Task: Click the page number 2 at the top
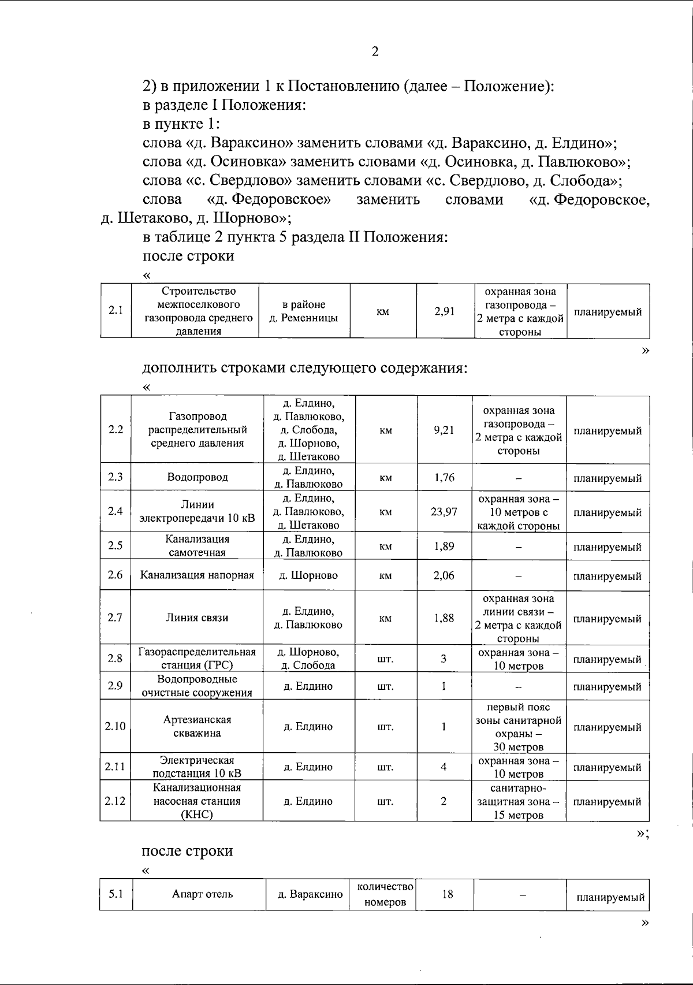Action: tap(375, 52)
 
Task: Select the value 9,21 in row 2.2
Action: tap(444, 430)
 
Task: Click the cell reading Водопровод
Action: tap(197, 477)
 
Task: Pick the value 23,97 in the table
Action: tap(444, 511)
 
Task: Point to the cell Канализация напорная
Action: tap(197, 575)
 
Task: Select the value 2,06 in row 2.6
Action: tap(444, 575)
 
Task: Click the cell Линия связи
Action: tap(197, 618)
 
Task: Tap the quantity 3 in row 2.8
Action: tap(444, 659)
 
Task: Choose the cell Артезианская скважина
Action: tap(197, 726)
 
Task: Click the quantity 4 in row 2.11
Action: tap(444, 767)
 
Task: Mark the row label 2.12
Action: tap(115, 801)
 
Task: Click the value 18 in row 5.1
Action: tap(447, 894)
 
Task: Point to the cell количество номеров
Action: tap(385, 894)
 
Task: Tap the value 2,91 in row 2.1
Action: tap(445, 311)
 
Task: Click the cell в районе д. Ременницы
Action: tap(304, 311)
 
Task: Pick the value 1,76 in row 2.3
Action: tap(444, 477)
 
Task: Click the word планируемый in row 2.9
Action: tap(607, 687)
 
